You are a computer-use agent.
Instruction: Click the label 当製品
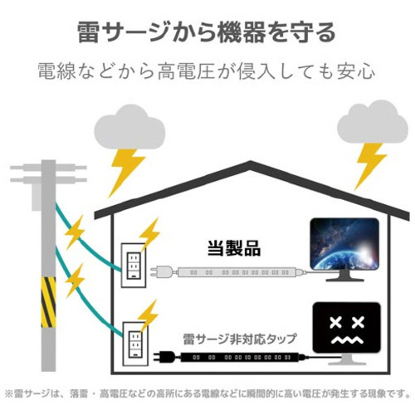pos(234,248)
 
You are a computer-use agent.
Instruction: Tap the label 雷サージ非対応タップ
pos(240,339)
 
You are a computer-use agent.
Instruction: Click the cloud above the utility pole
pos(129,127)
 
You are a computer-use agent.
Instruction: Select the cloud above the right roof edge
pos(373,122)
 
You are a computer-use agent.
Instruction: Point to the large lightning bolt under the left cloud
pos(126,172)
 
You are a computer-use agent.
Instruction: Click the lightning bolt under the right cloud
pos(369,166)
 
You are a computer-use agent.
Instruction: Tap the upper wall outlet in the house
pos(134,265)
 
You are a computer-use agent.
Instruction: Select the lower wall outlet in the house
pos(135,344)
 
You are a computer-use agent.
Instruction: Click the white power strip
pos(237,272)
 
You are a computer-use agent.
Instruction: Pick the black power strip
pos(240,357)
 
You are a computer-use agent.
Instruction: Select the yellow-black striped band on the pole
pos(48,302)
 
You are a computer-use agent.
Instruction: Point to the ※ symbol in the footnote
pos(9,393)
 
